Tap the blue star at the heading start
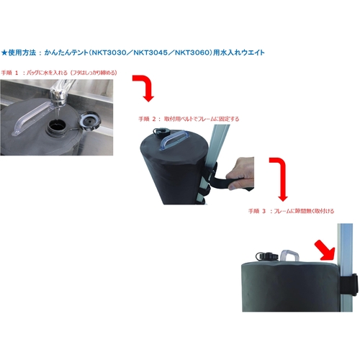pyautogui.click(x=4, y=53)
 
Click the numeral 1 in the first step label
pyautogui.click(x=17, y=73)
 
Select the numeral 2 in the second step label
pyautogui.click(x=154, y=119)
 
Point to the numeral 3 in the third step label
pyautogui.click(x=264, y=212)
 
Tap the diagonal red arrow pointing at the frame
pyautogui.click(x=325, y=251)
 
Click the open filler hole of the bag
pyautogui.click(x=56, y=125)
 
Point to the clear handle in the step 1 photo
pyautogui.click(x=31, y=117)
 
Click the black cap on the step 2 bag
pyautogui.click(x=159, y=132)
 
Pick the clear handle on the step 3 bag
pyautogui.click(x=289, y=256)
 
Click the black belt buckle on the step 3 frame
pyautogui.click(x=350, y=284)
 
